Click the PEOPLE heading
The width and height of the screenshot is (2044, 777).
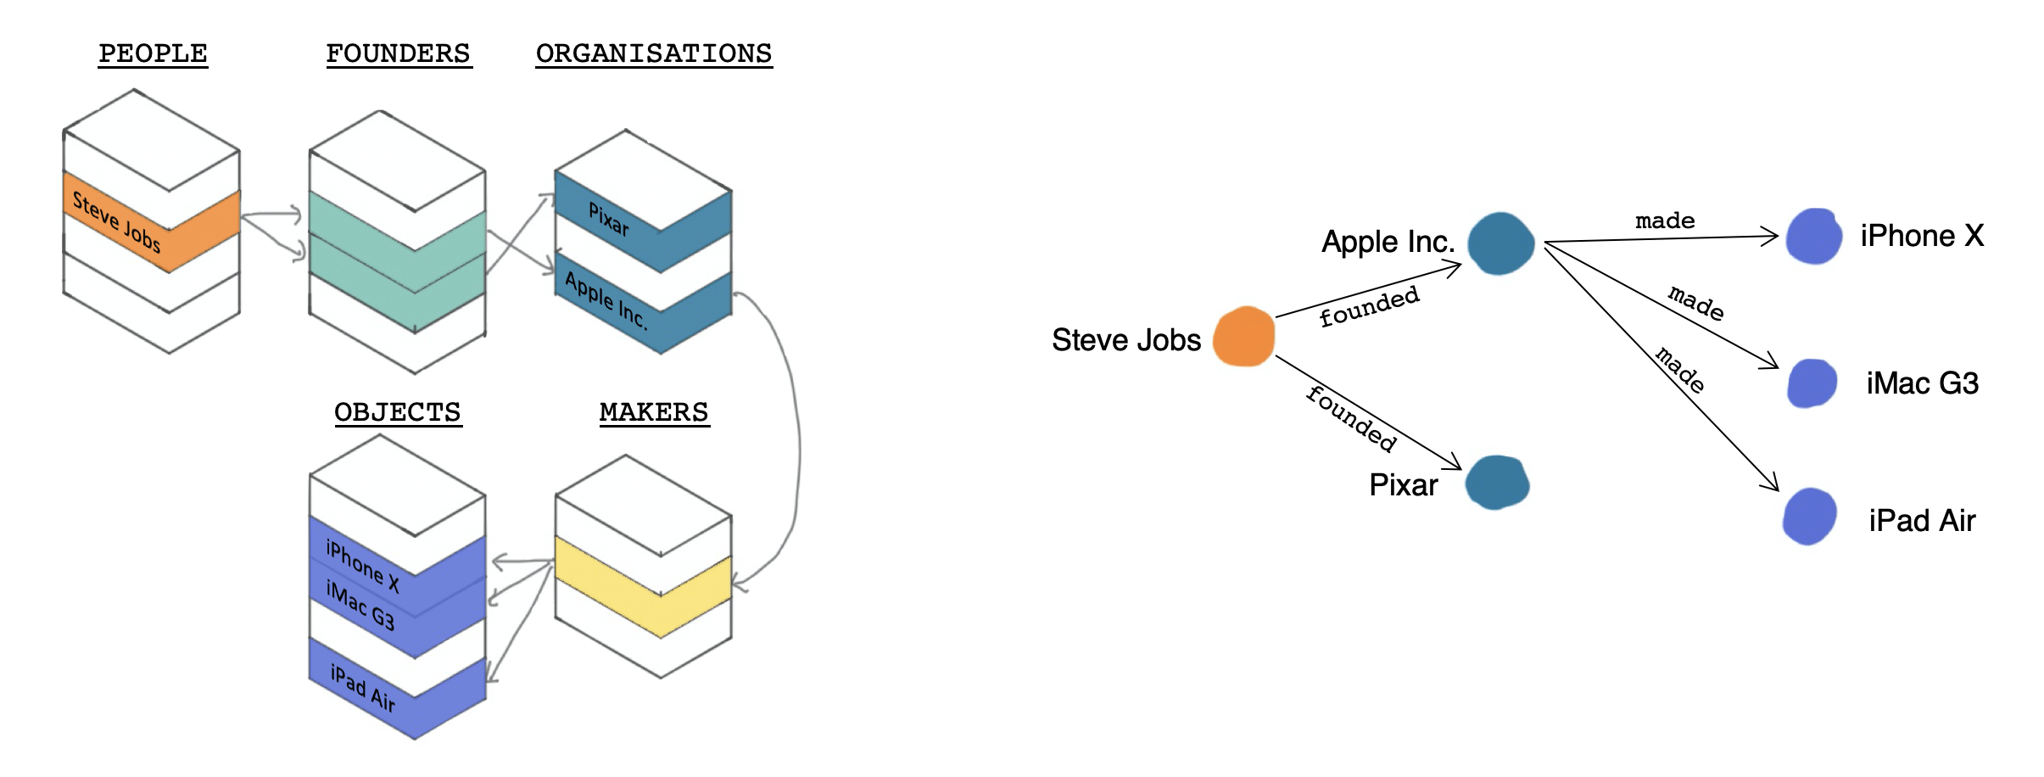coord(153,53)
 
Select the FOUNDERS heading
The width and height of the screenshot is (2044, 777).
coord(398,53)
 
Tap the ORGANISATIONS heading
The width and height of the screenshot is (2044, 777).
coord(653,53)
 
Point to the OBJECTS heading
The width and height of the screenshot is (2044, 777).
coord(397,412)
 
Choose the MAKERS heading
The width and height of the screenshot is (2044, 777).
coord(653,412)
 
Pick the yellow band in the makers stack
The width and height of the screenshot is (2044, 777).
coord(642,585)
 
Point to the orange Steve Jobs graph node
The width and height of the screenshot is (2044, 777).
coord(1243,337)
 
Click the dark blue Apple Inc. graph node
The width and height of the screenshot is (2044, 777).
coord(1500,243)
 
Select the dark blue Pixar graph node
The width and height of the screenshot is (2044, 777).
coord(1497,483)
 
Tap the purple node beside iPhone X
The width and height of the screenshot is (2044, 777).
coord(1813,237)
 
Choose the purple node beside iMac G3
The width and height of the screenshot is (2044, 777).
coord(1812,383)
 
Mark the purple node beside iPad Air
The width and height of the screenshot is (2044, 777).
coord(1809,517)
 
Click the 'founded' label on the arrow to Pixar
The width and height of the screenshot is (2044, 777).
coord(1351,418)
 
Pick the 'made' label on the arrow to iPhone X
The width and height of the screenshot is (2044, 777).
coord(1664,221)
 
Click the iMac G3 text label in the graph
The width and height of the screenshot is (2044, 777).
coord(1922,383)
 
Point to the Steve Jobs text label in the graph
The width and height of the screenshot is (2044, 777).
coord(1125,340)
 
